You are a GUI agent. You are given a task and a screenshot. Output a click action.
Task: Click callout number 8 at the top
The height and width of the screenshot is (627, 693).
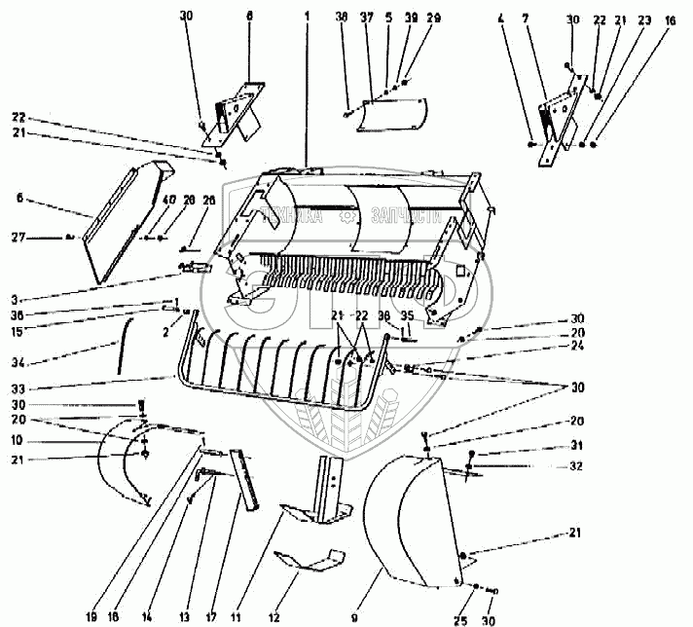click(x=249, y=16)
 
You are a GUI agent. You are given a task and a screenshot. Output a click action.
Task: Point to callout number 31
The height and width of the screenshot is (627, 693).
click(x=578, y=447)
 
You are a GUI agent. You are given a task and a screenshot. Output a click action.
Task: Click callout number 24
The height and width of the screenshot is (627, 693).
click(x=578, y=345)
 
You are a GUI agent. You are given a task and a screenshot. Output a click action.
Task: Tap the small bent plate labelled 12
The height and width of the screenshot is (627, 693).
click(x=310, y=561)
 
